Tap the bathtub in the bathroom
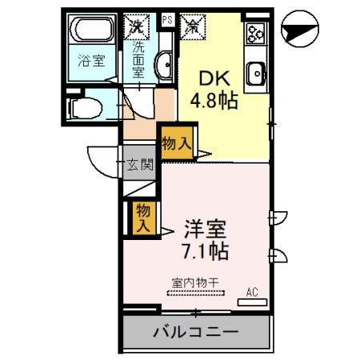(94, 34)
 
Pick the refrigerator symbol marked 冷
(194, 26)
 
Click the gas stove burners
(257, 34)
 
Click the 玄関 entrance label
(140, 166)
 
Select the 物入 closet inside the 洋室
(143, 218)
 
